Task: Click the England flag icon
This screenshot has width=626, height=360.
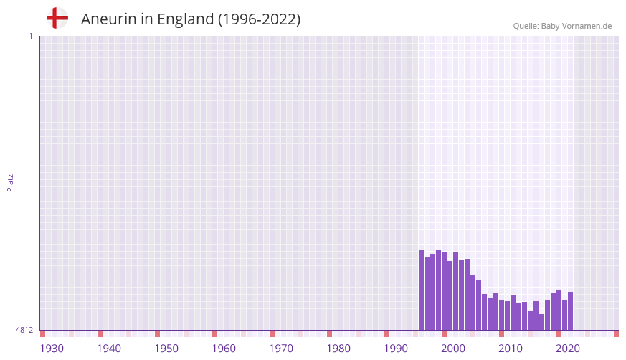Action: (x=57, y=18)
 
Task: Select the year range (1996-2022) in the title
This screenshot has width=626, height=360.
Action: (x=259, y=19)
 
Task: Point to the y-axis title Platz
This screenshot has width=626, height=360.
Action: (x=10, y=182)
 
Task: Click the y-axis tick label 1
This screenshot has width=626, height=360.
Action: (x=30, y=36)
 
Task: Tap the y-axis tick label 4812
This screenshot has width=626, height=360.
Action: (x=24, y=330)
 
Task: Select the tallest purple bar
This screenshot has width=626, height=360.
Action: (x=438, y=290)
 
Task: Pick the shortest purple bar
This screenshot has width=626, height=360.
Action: (x=541, y=322)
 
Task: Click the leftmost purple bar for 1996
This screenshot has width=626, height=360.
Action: (x=421, y=290)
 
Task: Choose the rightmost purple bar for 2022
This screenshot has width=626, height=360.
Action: (x=570, y=311)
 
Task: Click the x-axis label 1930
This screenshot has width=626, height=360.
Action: (x=52, y=349)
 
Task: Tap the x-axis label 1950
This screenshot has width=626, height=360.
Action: (x=166, y=349)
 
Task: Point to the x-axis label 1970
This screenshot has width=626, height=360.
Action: (x=281, y=349)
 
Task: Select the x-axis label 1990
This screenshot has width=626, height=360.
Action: (x=396, y=349)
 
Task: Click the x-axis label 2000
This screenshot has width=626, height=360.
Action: (x=453, y=349)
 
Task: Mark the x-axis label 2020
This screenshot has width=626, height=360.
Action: (x=568, y=349)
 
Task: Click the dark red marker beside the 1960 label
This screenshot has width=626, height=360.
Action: (x=214, y=333)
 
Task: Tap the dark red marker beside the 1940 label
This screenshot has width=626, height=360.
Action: (x=100, y=333)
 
